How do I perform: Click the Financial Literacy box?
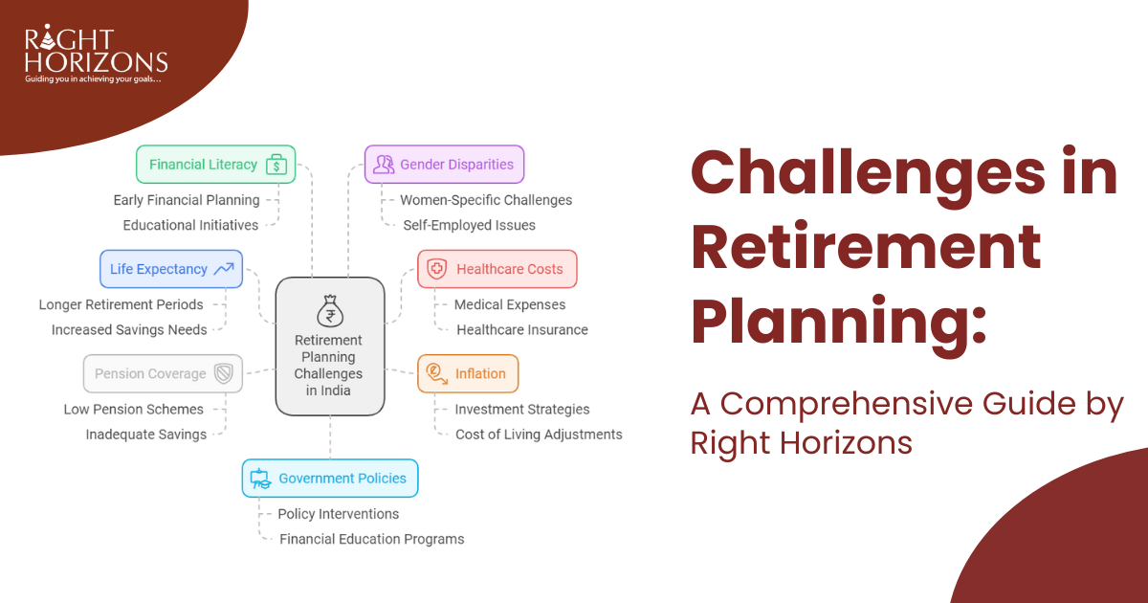click(216, 164)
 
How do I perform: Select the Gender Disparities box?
click(444, 164)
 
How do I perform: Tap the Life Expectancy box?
click(171, 269)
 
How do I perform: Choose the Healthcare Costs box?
click(497, 269)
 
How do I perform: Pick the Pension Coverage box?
click(163, 373)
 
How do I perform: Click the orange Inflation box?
click(468, 373)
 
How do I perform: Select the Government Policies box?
click(330, 478)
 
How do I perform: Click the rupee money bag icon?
click(330, 311)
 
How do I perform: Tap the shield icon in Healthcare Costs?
click(436, 269)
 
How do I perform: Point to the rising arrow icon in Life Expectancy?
click(224, 269)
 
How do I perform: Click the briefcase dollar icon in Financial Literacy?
click(276, 165)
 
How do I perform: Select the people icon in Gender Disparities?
click(384, 164)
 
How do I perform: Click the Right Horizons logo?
click(96, 54)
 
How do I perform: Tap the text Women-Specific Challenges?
click(486, 200)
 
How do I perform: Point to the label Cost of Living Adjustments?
click(539, 435)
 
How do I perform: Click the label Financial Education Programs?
click(371, 539)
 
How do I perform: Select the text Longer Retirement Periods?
click(121, 304)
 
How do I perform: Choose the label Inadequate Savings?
click(146, 435)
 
